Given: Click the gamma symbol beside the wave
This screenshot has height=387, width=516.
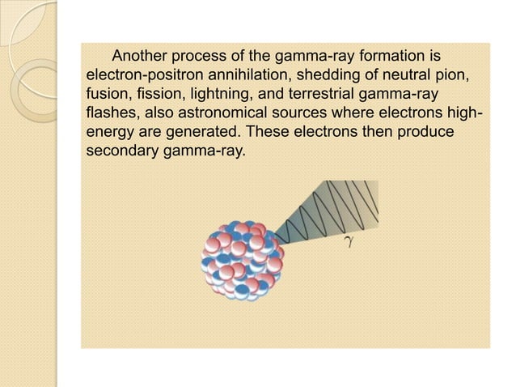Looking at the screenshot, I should (346, 240).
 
